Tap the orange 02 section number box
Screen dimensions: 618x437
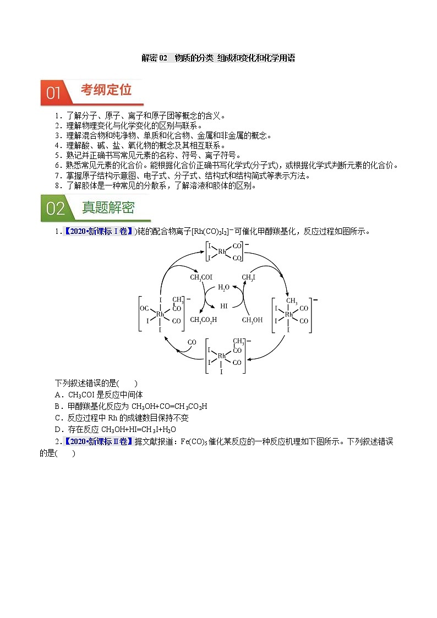pyautogui.click(x=55, y=209)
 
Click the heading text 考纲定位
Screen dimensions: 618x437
pyautogui.click(x=106, y=90)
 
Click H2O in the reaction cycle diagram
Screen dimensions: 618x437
pyautogui.click(x=224, y=287)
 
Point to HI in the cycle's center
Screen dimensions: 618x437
pyautogui.click(x=224, y=305)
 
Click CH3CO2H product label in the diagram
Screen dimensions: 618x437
pyautogui.click(x=203, y=319)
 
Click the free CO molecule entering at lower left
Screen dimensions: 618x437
pyautogui.click(x=192, y=342)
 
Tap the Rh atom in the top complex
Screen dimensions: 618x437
pyautogui.click(x=222, y=251)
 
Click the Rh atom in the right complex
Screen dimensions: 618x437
pyautogui.click(x=288, y=315)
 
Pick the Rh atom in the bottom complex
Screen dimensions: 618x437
pyautogui.click(x=222, y=356)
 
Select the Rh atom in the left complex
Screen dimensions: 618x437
pyautogui.click(x=160, y=314)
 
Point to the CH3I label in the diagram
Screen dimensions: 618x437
pyautogui.click(x=249, y=277)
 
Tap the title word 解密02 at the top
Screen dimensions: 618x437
pyautogui.click(x=154, y=58)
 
